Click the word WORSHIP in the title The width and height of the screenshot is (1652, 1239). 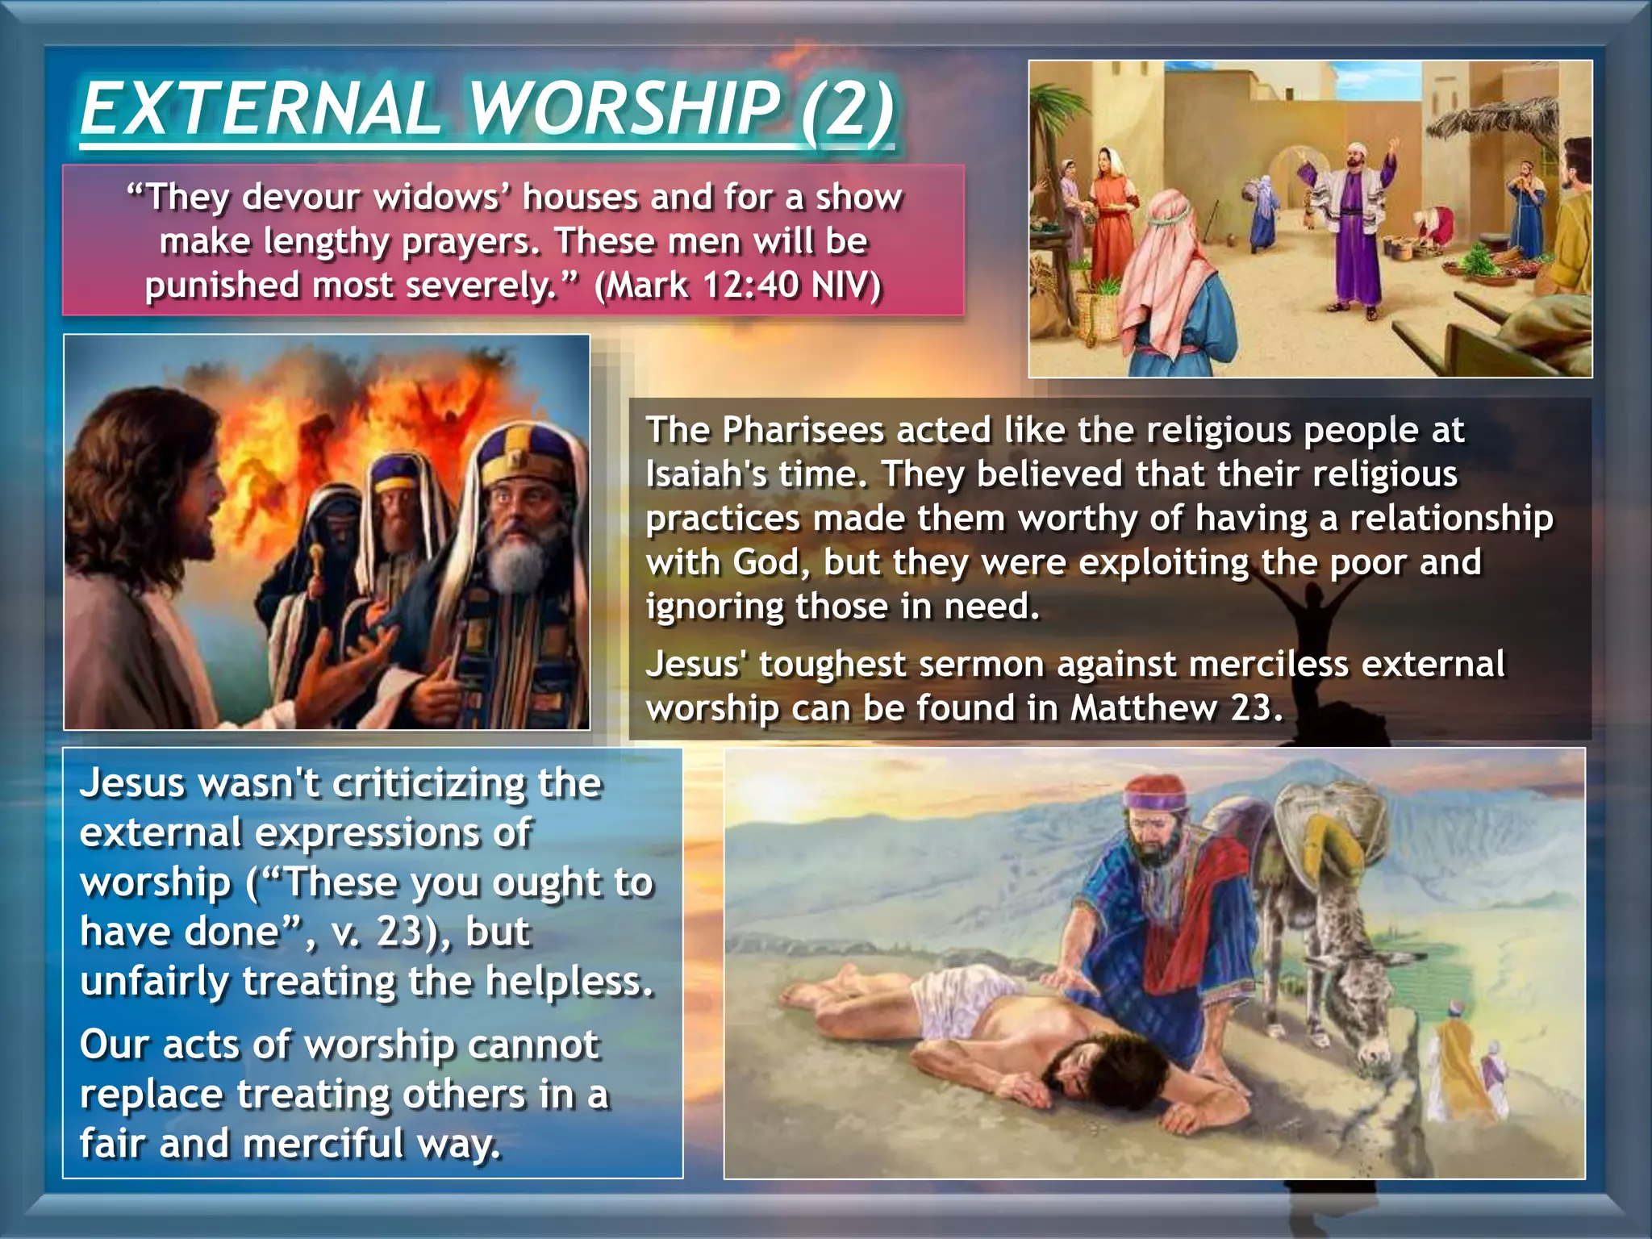coord(625,111)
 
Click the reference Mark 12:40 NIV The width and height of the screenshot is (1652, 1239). coord(737,286)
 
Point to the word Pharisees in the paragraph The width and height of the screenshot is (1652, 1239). coord(803,430)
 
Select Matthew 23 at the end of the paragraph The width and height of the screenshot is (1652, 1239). coord(1174,709)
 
